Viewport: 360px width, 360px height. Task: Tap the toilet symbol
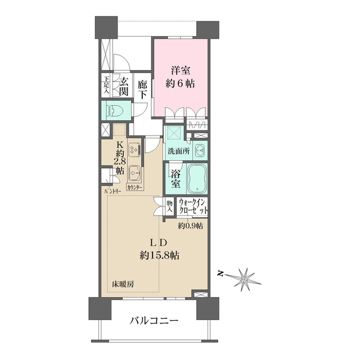point(114,110)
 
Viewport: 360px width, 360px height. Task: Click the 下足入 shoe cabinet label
point(106,85)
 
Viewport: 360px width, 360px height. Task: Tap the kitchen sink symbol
point(135,172)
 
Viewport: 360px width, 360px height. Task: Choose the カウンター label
point(134,187)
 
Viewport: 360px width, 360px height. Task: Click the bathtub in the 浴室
point(197,177)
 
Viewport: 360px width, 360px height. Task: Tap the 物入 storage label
point(169,206)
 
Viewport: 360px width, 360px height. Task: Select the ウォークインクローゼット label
point(192,206)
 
